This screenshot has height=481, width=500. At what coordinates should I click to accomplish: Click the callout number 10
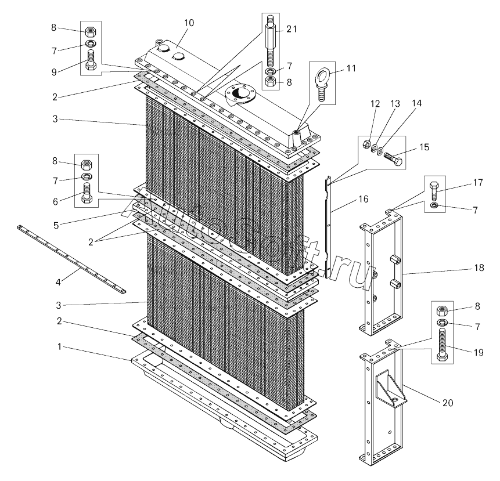tap(189, 23)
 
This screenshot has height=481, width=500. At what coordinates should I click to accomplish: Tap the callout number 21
tap(291, 29)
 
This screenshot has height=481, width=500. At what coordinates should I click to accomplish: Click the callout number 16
tap(363, 199)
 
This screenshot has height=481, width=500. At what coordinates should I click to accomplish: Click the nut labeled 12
tap(367, 144)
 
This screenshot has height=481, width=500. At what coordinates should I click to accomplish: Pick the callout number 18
tap(479, 267)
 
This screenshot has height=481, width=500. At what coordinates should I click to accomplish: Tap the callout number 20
tap(448, 403)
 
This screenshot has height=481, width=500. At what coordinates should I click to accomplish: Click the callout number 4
tap(58, 282)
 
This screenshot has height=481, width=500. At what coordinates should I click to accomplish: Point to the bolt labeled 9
tap(90, 60)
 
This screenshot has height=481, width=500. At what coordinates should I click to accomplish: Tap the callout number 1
tap(59, 346)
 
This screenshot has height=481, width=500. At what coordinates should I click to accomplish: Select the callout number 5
tap(56, 225)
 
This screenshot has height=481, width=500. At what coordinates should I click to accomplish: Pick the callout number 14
tap(416, 103)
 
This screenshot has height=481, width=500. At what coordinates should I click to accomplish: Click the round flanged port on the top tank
tap(239, 93)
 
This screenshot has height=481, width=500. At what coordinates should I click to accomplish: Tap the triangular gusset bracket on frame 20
tap(391, 388)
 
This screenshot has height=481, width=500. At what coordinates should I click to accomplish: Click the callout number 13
tap(395, 103)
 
